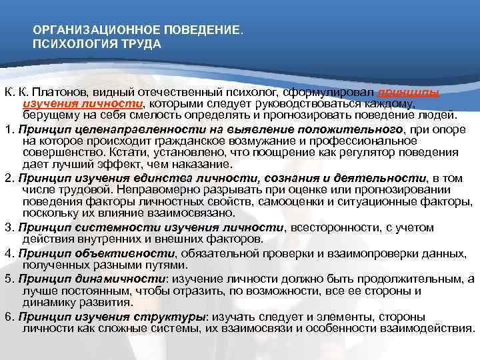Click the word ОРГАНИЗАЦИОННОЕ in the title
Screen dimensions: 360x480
point(84,31)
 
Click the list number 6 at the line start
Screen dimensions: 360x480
point(7,317)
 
